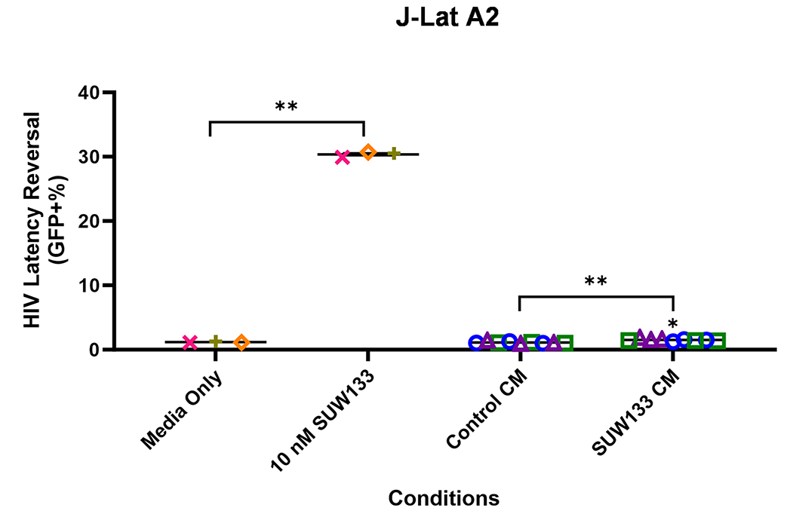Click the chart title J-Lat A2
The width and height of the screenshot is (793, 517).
(447, 18)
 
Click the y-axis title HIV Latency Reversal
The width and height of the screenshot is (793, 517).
(31, 219)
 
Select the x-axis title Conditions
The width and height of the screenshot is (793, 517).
(444, 498)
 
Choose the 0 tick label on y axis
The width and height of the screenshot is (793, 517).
(97, 350)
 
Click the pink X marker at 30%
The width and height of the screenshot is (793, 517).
(342, 158)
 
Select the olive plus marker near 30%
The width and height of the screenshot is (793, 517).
(393, 154)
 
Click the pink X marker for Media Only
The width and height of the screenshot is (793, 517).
(190, 343)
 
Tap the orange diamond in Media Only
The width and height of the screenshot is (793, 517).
(241, 343)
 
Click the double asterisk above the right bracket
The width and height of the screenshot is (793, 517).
(595, 283)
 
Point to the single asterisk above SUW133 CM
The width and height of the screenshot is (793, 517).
(672, 325)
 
